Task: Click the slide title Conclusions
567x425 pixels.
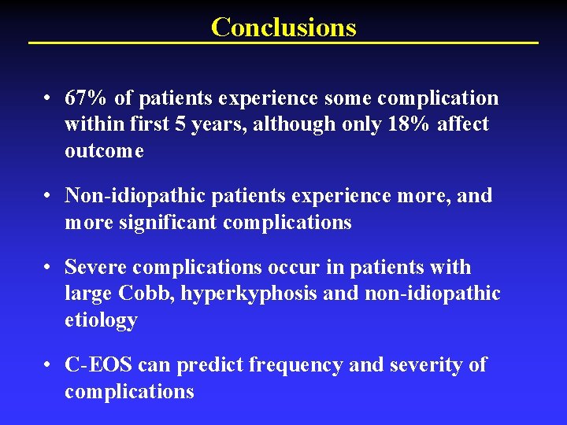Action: click(283, 28)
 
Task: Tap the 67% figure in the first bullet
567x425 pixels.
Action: click(87, 98)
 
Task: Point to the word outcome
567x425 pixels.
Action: click(104, 151)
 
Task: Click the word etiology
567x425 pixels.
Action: click(101, 320)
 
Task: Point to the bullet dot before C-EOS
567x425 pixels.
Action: click(49, 366)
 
